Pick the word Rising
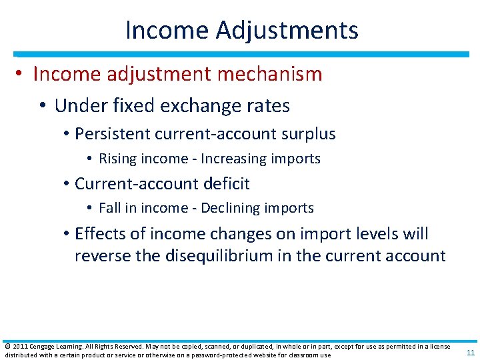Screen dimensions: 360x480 click(114, 159)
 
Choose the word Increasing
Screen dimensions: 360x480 click(233, 159)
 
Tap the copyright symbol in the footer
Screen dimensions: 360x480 click(7, 347)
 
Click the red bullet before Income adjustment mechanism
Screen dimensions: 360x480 click(21, 74)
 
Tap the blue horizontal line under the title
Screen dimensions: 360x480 click(240, 54)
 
